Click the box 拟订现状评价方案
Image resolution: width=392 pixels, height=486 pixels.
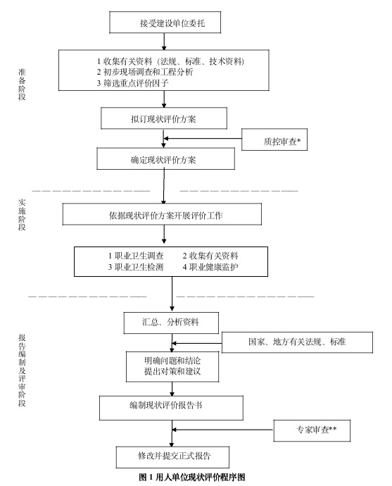pyautogui.click(x=163, y=118)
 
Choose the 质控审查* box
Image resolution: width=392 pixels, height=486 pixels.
pyautogui.click(x=276, y=142)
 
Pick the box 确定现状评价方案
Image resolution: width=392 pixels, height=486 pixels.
pyautogui.click(x=163, y=160)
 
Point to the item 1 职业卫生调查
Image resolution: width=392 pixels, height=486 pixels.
pyautogui.click(x=135, y=255)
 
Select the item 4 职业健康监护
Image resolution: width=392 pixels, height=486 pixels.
pyautogui.click(x=210, y=267)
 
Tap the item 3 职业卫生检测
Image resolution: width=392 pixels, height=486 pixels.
pyautogui.click(x=135, y=267)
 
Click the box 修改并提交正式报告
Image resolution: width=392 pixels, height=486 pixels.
pyautogui.click(x=173, y=455)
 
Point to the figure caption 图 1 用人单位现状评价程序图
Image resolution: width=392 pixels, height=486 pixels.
pyautogui.click(x=191, y=477)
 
